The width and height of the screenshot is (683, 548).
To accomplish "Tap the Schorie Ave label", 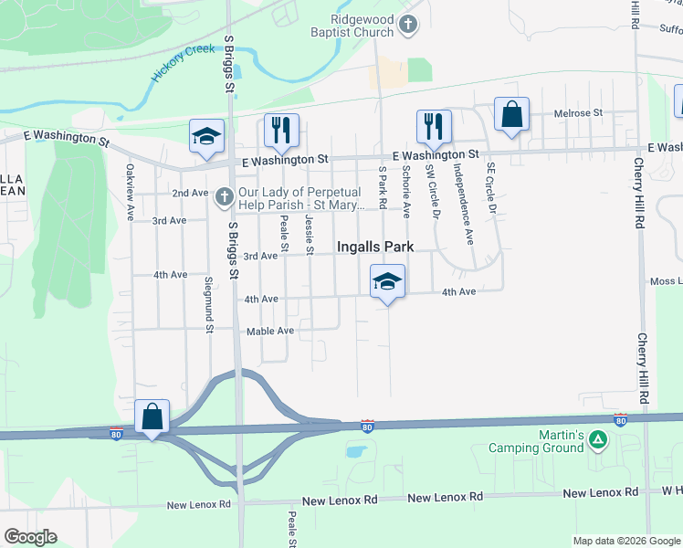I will point(406,186).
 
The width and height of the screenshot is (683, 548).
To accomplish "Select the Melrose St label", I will point(579,113).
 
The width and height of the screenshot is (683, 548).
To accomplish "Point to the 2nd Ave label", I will point(190,194).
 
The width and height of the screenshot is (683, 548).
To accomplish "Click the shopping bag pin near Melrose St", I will point(511,115).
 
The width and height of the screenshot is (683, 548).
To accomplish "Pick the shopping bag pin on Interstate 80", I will point(152,417).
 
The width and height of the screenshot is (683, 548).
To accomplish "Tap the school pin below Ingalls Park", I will point(388,281).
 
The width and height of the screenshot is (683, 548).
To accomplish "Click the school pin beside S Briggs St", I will point(206,136).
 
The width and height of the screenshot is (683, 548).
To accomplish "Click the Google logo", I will point(30,536).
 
